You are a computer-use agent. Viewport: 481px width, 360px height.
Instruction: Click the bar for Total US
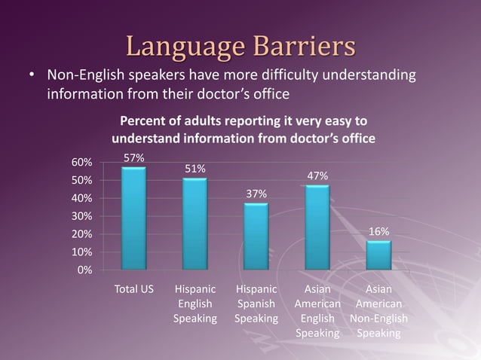pos(133,218)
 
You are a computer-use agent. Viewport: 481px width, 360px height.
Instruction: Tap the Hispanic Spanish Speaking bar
pos(256,236)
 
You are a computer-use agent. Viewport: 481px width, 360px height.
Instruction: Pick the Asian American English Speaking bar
pos(317,227)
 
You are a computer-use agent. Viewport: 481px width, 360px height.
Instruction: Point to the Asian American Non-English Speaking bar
pos(378,255)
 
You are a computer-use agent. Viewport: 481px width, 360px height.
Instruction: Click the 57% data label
pos(134,158)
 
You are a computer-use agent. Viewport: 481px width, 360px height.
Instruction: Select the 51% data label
pos(195,169)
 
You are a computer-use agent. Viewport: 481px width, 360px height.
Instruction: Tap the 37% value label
pos(256,194)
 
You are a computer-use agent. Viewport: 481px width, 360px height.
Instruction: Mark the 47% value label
pos(317,176)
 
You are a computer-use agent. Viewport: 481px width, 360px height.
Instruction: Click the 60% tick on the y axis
pos(82,162)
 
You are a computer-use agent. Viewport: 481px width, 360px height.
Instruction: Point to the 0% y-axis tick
pos(85,270)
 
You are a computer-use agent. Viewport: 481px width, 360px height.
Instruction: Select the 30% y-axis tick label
pos(82,216)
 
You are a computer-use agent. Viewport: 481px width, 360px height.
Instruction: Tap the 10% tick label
pos(82,252)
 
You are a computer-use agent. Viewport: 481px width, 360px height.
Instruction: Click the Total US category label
pos(133,289)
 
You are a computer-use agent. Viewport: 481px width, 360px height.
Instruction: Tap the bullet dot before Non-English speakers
pos(32,78)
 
